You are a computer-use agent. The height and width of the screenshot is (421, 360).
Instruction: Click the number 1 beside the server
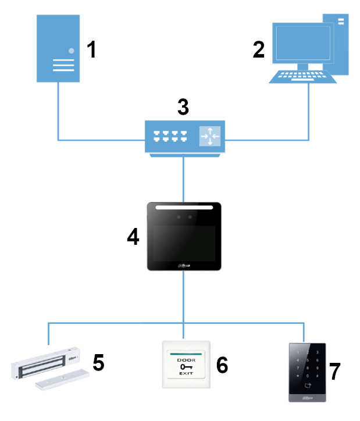91,50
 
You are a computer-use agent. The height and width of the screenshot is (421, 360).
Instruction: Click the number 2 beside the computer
258,50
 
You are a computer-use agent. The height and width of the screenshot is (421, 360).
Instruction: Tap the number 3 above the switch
183,108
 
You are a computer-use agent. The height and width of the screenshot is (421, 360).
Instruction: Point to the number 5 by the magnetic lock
99,363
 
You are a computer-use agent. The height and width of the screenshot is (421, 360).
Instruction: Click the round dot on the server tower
72,51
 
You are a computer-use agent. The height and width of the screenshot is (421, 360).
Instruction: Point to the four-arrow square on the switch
210,136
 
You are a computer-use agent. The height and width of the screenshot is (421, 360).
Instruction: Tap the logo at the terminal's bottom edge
184,266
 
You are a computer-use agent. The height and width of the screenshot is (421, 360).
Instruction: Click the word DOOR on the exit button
184,359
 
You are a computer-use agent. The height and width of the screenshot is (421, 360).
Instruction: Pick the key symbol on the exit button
184,368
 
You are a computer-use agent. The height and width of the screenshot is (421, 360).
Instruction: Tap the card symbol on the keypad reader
306,385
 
